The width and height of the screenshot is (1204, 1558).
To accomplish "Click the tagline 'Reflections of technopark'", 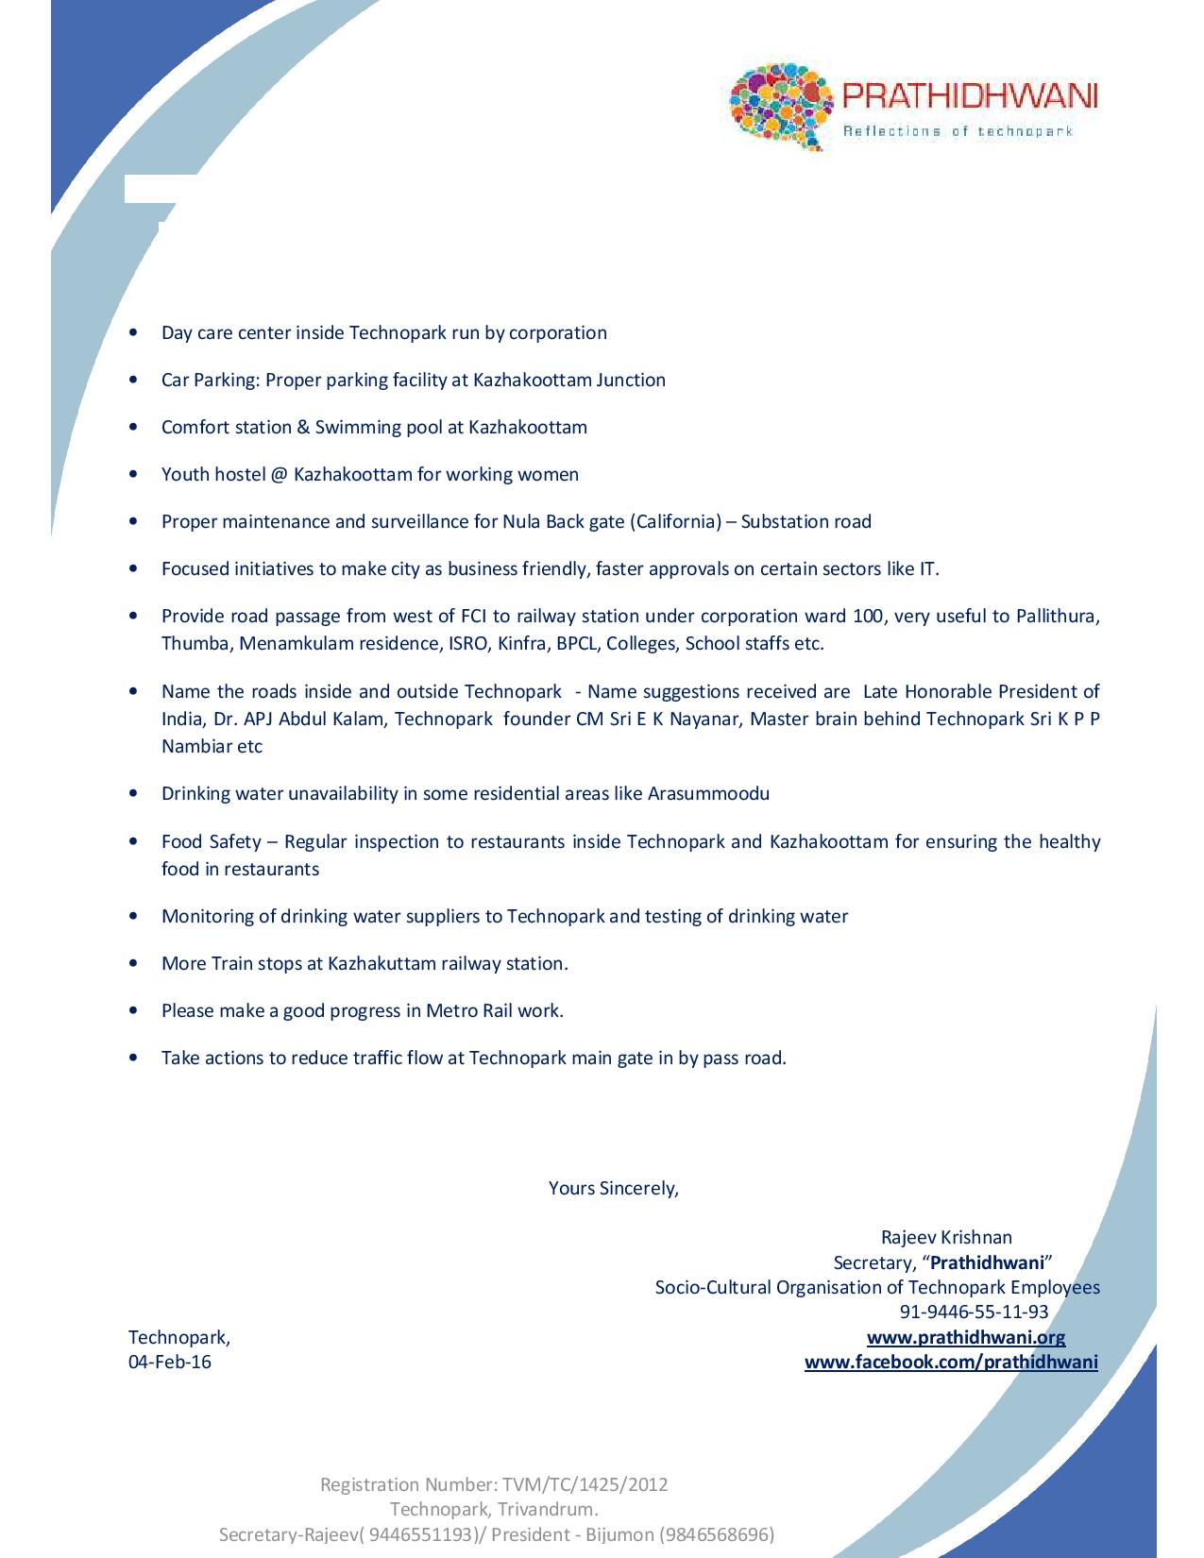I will click(958, 131).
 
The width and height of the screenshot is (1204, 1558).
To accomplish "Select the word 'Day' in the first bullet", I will click(176, 332).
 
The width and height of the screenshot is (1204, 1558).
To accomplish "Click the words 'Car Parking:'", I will click(211, 380).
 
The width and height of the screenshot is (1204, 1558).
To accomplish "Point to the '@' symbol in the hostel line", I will click(279, 474).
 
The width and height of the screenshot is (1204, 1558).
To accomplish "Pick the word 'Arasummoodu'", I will click(708, 793).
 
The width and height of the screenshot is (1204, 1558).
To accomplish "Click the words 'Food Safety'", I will click(211, 841).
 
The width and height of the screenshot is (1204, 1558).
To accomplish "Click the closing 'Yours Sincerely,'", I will click(614, 1188).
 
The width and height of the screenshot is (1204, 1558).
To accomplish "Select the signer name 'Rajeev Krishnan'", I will click(946, 1237).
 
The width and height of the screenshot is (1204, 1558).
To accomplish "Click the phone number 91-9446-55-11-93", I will click(974, 1312).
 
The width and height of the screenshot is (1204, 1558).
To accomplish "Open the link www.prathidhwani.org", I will click(966, 1337).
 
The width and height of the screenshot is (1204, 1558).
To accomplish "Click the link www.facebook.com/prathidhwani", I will click(951, 1362).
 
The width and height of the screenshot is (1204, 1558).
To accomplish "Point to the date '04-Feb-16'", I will click(170, 1362).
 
